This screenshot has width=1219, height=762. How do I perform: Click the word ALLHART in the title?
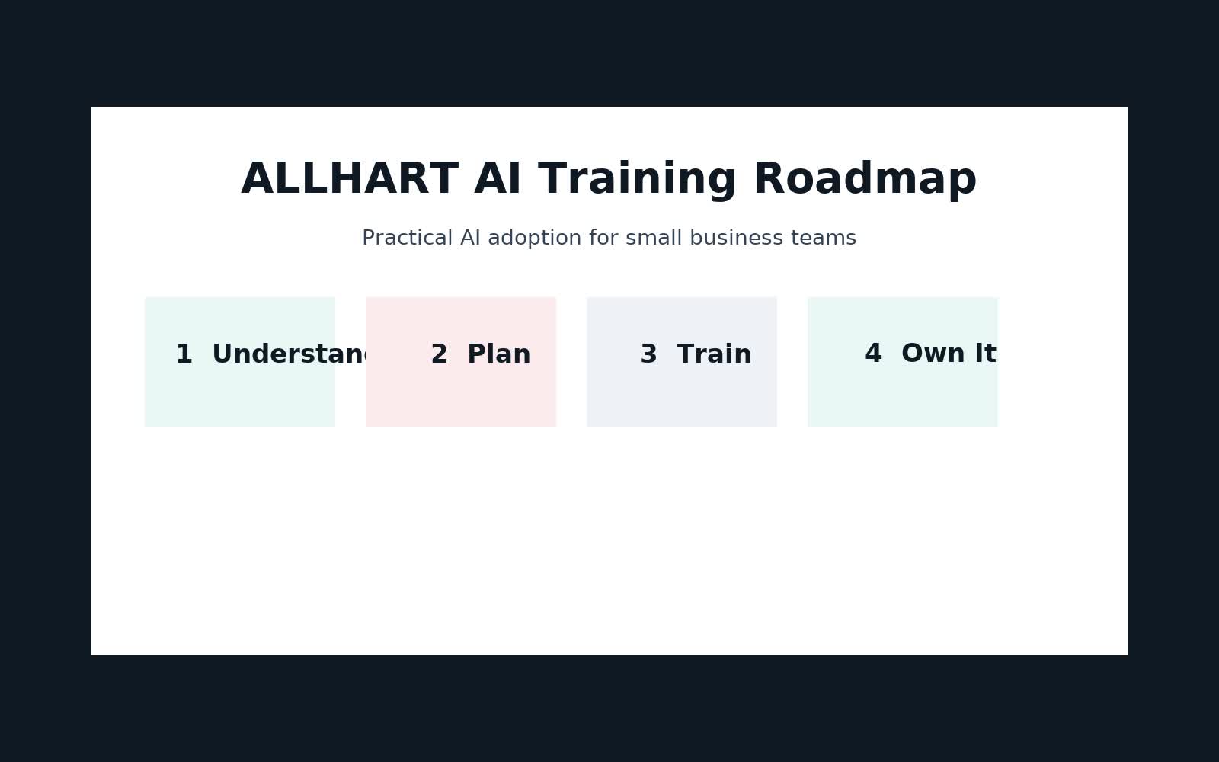(349, 180)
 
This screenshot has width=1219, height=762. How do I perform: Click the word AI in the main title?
(498, 180)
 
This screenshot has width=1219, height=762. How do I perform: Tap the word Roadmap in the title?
(864, 180)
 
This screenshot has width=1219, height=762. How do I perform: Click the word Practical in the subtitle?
(407, 238)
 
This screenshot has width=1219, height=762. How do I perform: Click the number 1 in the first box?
(184, 354)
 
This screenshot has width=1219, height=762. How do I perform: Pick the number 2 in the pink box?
(439, 354)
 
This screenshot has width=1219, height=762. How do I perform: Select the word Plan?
(498, 354)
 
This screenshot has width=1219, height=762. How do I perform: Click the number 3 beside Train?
(648, 354)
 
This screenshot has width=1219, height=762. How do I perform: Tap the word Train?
(714, 354)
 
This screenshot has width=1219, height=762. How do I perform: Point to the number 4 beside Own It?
(873, 354)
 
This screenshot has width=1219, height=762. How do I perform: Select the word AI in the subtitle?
(470, 238)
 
